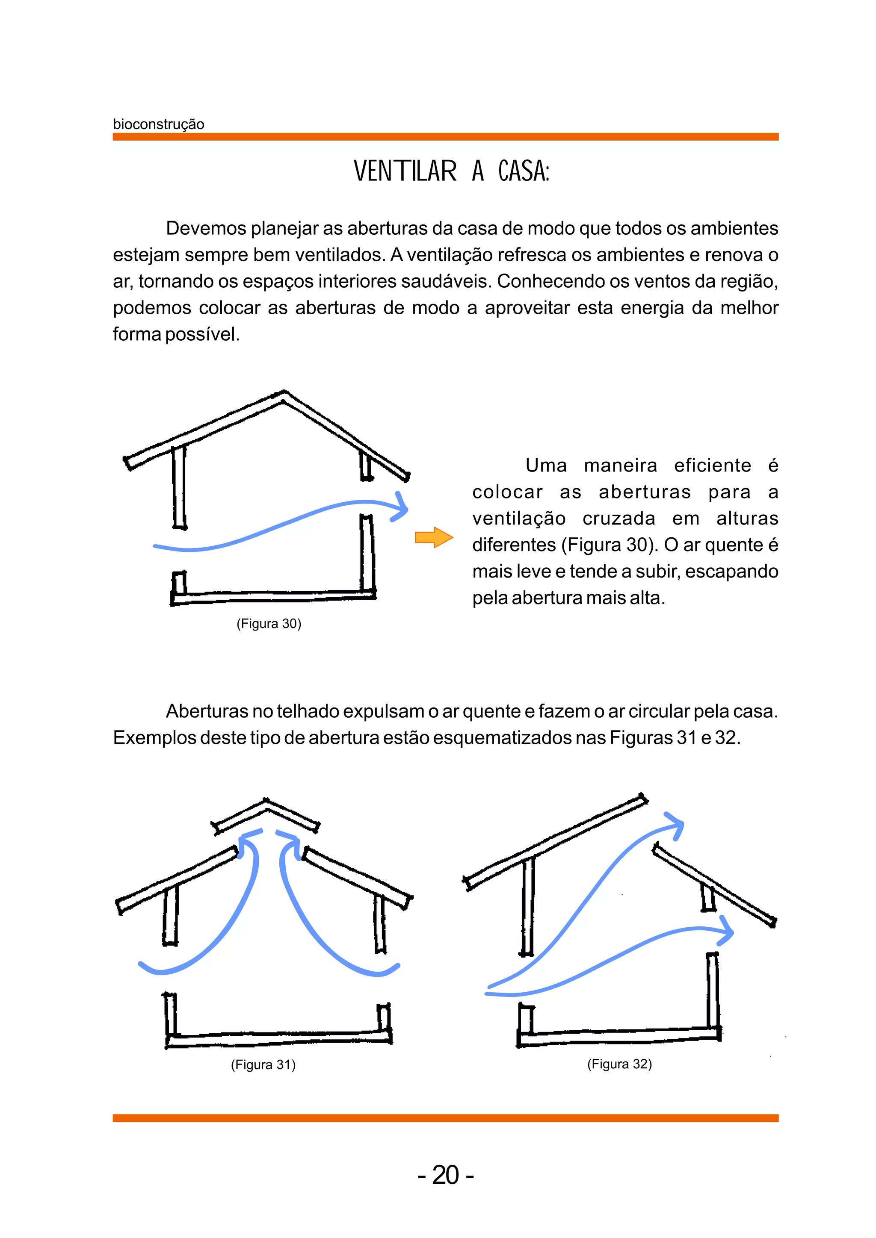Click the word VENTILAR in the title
(405, 171)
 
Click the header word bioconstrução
(158, 124)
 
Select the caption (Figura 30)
(269, 623)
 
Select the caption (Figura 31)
(263, 1064)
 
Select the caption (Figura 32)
(619, 1064)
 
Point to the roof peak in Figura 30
(283, 394)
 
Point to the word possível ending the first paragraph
(202, 334)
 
